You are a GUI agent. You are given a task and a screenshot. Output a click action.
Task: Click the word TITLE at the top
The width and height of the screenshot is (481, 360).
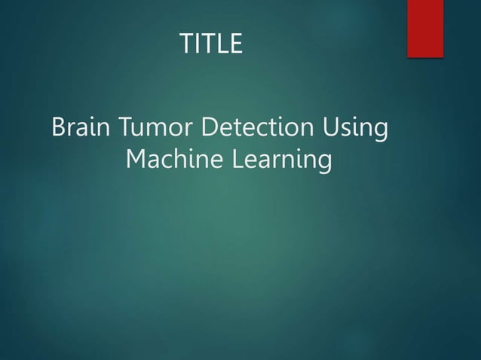click(211, 44)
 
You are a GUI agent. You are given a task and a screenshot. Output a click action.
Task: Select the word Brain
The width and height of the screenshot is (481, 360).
click(81, 128)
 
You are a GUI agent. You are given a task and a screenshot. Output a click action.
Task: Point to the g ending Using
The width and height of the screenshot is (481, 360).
click(381, 133)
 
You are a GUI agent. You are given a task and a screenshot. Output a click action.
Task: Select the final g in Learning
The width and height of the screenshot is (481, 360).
click(324, 163)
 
